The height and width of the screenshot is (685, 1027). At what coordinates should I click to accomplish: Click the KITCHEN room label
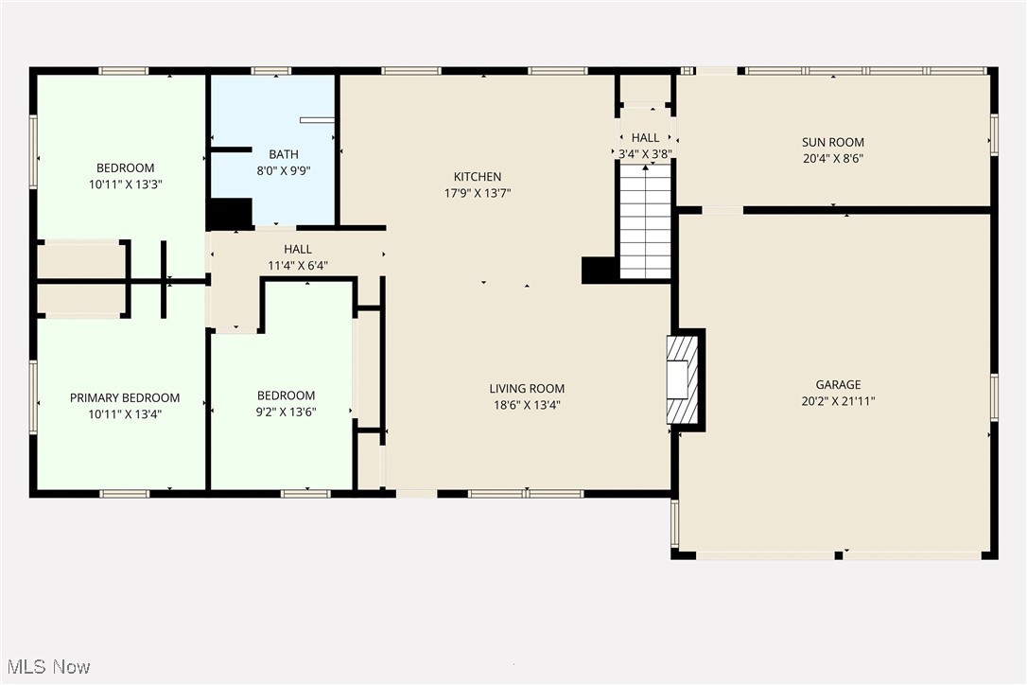coord(478,177)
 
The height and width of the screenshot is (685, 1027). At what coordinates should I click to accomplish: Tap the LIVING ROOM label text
coord(527,389)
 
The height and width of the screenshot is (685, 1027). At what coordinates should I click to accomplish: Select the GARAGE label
coord(838,385)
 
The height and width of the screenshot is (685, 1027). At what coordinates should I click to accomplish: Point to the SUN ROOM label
coord(832,143)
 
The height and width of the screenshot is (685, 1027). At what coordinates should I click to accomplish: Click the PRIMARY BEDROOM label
coord(125,398)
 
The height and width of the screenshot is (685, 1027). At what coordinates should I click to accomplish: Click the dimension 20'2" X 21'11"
coord(838,401)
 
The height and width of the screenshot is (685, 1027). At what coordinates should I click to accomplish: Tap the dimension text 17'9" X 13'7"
coord(478,193)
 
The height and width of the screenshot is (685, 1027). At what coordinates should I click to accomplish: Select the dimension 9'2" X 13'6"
coord(286,412)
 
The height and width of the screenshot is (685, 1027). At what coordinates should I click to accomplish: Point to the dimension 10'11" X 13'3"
coord(127,185)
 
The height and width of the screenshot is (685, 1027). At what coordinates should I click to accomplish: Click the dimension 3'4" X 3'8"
coord(645,153)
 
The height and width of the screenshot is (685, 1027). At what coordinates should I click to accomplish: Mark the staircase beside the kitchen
coord(646,222)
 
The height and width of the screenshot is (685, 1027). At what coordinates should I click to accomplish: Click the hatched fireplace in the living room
coord(682,379)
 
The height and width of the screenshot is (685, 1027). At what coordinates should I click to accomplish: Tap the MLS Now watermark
coord(46,667)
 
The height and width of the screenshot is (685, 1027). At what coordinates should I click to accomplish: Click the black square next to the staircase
coord(600,270)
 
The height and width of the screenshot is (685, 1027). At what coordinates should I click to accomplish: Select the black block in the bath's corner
coord(230,214)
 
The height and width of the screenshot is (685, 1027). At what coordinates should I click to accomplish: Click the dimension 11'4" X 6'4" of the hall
coord(297,266)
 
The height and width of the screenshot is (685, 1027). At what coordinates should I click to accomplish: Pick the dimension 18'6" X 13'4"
coord(527,405)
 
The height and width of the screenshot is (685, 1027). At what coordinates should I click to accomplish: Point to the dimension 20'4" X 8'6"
coord(832,159)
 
